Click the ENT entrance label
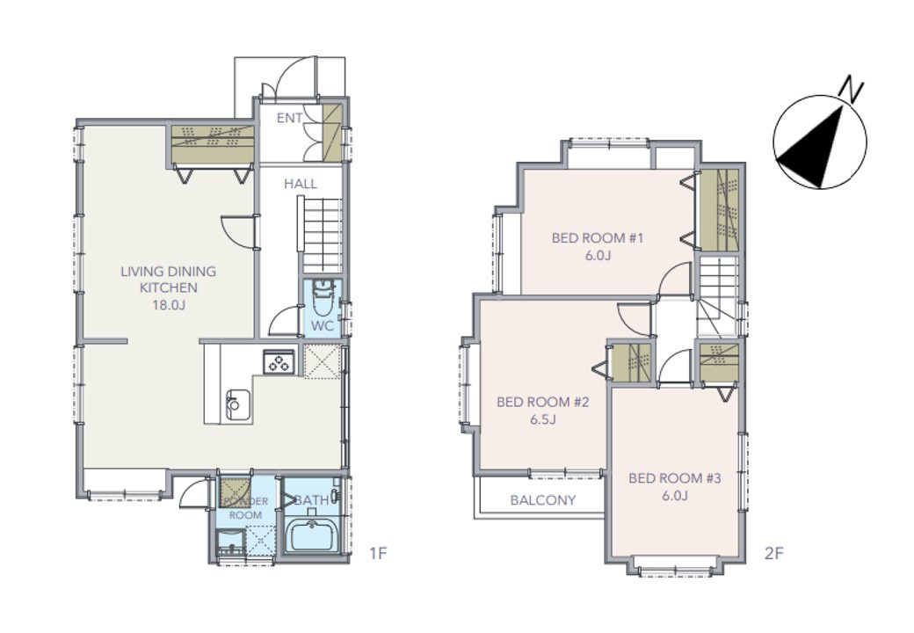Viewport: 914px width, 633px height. [289, 118]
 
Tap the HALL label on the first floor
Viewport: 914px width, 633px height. [301, 185]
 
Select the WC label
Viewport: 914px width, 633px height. [323, 326]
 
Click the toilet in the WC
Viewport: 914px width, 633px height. [323, 296]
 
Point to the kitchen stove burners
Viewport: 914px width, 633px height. [278, 361]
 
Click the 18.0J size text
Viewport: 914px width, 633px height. [169, 304]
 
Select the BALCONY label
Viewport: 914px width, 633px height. [543, 500]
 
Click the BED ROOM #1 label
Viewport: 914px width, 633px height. [598, 237]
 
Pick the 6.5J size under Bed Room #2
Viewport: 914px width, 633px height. [543, 419]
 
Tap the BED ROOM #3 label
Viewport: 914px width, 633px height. [674, 478]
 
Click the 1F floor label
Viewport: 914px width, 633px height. [378, 553]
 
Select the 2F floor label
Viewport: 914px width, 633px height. [773, 553]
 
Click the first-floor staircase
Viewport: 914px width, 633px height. [320, 233]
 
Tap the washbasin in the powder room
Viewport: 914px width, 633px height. [231, 543]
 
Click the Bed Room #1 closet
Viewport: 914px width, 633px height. [719, 210]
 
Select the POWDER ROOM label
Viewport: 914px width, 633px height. [245, 508]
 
